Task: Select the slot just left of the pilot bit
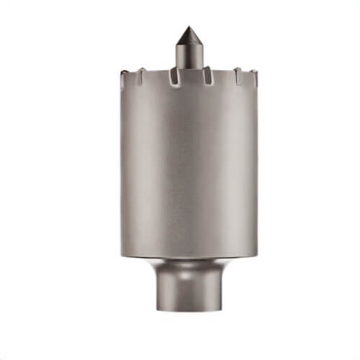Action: (174, 77)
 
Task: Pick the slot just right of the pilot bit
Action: (206, 77)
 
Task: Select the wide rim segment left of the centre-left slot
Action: (158, 73)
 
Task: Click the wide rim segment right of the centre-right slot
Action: (221, 73)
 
